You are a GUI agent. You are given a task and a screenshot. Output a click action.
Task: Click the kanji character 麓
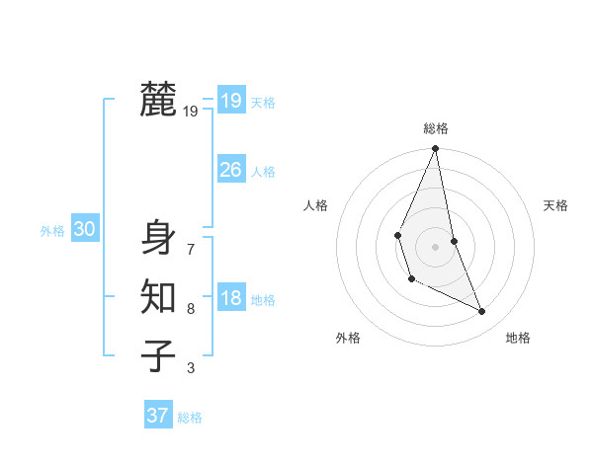click(158, 101)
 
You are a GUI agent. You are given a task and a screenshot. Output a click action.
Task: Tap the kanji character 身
click(158, 238)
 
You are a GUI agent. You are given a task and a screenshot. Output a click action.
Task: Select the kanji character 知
click(158, 297)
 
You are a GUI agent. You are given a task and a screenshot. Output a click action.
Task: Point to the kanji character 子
click(158, 355)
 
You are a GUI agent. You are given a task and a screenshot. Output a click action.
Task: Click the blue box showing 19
click(230, 101)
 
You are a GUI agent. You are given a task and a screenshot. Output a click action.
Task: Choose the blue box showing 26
click(230, 170)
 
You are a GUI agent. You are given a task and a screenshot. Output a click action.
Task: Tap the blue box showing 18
click(230, 299)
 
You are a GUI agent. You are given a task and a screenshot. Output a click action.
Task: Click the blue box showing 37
click(158, 416)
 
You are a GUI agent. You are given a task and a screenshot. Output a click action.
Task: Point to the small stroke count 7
click(190, 249)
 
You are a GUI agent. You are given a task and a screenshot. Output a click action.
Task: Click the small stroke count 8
click(190, 309)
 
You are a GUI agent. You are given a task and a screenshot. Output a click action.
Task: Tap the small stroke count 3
click(190, 368)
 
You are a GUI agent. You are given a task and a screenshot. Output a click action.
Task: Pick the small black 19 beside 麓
click(191, 112)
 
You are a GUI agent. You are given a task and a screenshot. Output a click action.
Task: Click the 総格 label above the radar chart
click(435, 129)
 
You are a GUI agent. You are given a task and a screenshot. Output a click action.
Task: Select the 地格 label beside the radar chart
click(518, 338)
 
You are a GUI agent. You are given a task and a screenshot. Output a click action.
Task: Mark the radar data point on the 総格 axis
click(435, 149)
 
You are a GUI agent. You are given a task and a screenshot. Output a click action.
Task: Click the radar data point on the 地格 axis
click(482, 311)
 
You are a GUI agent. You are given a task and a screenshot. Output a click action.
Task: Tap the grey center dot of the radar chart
click(435, 245)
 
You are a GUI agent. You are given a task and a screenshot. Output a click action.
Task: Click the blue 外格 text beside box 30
click(52, 231)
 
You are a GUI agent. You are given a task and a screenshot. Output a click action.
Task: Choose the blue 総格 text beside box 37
click(190, 417)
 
